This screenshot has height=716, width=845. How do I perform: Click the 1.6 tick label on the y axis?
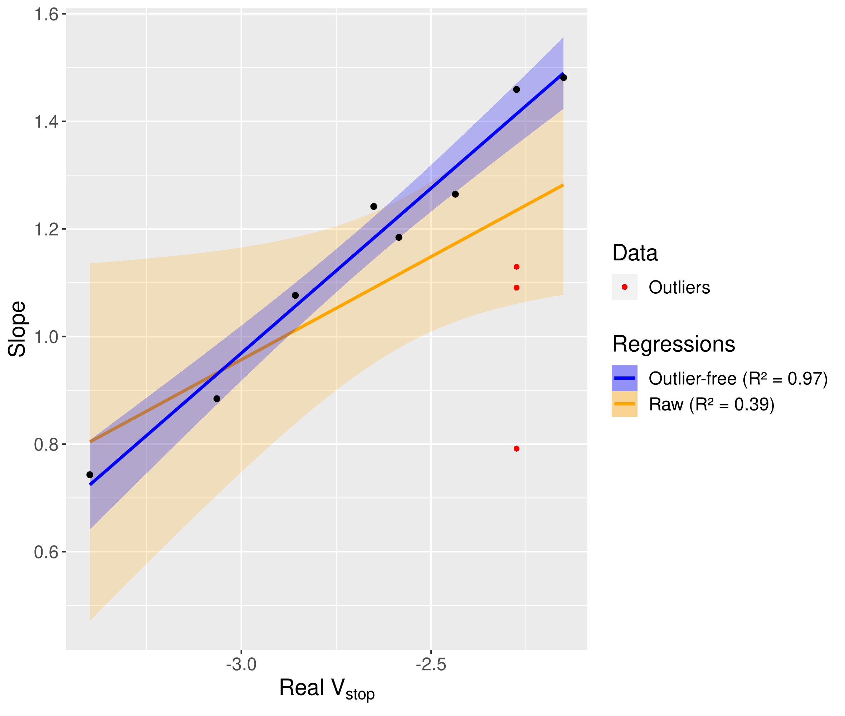[x=45, y=15]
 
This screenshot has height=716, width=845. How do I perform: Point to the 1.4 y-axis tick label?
[x=45, y=122]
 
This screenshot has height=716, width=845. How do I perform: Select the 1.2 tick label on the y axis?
[x=45, y=229]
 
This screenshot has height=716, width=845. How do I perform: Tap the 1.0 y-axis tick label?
[x=45, y=337]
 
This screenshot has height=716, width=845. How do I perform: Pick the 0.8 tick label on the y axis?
[x=45, y=445]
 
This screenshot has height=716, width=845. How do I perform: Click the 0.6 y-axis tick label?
[x=45, y=552]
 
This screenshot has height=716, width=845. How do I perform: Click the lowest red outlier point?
[x=516, y=448]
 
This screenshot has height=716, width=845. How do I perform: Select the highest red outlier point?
[x=516, y=267]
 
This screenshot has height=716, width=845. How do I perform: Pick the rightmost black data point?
[x=563, y=77]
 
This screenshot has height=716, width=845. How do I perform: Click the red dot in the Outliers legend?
[x=624, y=287]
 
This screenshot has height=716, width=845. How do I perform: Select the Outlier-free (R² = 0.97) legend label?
[x=738, y=378]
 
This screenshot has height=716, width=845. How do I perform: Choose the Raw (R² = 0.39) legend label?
[x=712, y=404]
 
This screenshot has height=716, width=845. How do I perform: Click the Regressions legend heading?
[x=674, y=344]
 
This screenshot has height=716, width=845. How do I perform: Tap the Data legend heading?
[x=635, y=253]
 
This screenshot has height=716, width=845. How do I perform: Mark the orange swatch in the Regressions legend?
[x=624, y=404]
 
